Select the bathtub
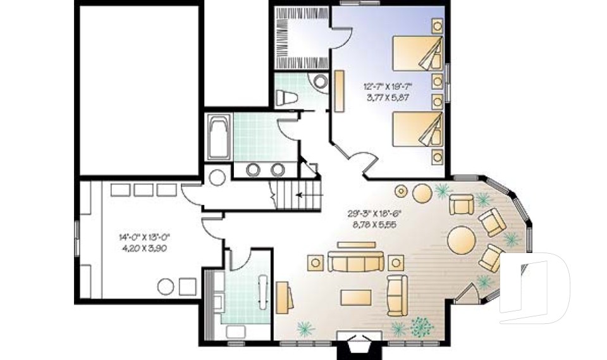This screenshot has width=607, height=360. coord(218,138)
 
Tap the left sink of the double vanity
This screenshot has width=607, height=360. coord(254,169)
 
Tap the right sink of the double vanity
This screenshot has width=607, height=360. coord(277,169)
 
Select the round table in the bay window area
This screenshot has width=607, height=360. coord(462,240)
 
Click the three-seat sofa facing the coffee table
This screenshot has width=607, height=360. coord(355,261)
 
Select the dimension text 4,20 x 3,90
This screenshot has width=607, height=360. coord(144,248)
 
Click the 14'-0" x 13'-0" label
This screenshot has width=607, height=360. coord(144,237)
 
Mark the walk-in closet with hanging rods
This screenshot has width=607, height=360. coord(301,36)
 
